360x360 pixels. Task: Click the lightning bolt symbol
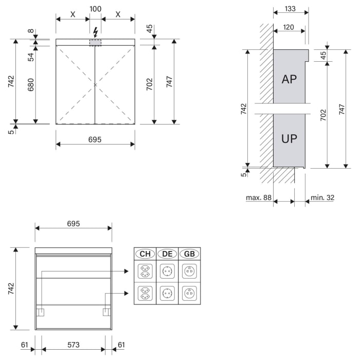click(95, 31)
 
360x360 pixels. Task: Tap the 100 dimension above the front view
click(95, 9)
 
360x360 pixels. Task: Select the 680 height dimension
click(31, 85)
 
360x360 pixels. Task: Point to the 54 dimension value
click(31, 57)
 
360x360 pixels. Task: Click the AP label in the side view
click(289, 79)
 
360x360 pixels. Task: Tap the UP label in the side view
click(289, 138)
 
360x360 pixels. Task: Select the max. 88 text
click(258, 198)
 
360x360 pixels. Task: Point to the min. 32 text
click(322, 198)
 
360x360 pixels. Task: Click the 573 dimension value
click(73, 345)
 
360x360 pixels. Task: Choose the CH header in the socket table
click(145, 254)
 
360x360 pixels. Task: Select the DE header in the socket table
click(167, 254)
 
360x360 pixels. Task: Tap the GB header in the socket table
click(189, 254)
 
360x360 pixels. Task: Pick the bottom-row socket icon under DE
click(167, 294)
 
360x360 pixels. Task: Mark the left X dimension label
click(73, 14)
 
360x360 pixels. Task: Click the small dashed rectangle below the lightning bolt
click(95, 42)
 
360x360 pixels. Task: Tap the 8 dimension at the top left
click(31, 31)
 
